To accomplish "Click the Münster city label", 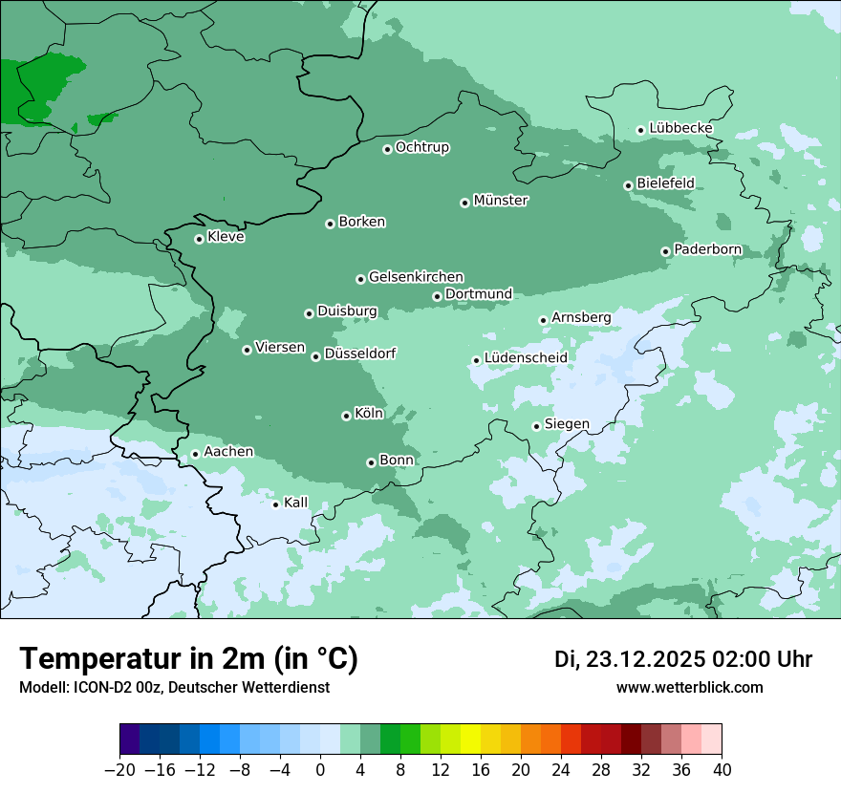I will [x=501, y=201].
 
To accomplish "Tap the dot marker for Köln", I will [x=346, y=416].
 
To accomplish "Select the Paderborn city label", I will [x=707, y=249].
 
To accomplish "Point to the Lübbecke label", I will [x=680, y=128].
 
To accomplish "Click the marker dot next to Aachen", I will [x=195, y=454].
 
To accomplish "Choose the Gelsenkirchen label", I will [x=416, y=277].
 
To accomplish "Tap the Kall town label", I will [x=296, y=503].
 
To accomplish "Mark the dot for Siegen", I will [x=536, y=426].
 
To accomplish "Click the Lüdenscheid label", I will [x=526, y=358].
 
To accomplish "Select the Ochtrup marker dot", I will [x=387, y=149].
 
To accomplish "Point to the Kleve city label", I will [x=226, y=237].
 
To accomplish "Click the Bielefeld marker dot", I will [x=628, y=185].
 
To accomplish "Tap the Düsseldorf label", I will [x=360, y=354].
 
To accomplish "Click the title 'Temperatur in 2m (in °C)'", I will [x=189, y=658].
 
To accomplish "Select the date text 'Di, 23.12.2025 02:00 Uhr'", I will [x=683, y=659].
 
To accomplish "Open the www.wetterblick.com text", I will [x=690, y=688].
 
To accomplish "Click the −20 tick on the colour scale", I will [x=119, y=770].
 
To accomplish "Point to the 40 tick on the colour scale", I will [x=722, y=770].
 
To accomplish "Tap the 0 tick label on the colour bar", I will [x=320, y=770].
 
